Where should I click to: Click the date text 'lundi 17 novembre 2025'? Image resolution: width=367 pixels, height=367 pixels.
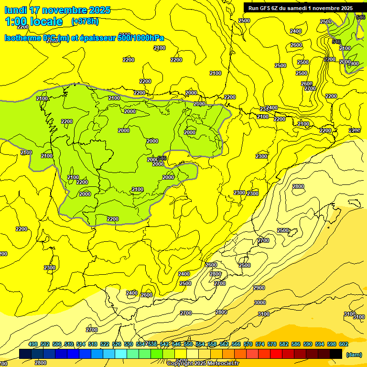click(57, 10)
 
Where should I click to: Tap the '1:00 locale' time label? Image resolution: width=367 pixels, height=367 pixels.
click(34, 22)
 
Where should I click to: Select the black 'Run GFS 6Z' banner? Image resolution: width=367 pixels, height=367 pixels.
click(301, 8)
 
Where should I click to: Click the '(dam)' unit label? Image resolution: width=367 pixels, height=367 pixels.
click(354, 355)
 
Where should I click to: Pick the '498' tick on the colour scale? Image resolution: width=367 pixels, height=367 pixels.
click(33, 344)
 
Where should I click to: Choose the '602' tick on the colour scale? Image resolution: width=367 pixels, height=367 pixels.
click(343, 344)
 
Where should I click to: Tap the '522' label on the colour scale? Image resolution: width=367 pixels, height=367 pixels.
click(105, 344)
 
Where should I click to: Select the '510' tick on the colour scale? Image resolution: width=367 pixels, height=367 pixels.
click(69, 344)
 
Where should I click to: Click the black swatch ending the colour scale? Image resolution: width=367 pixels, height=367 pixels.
click(336, 354)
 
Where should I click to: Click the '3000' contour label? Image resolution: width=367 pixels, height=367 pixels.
click(259, 302)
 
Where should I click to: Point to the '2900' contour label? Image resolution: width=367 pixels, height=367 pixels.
click(259, 288)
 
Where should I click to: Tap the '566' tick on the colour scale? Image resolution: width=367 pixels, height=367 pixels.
click(236, 344)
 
